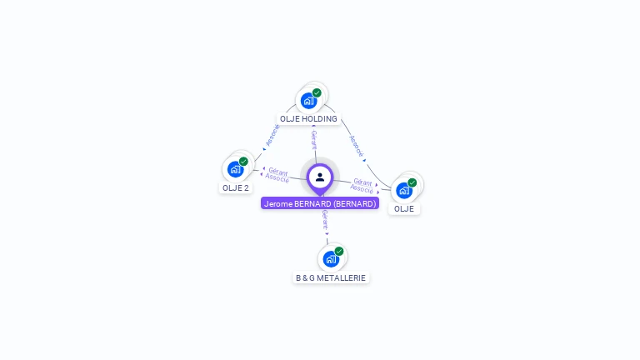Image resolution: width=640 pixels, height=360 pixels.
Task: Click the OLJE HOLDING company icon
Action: pos(309,101)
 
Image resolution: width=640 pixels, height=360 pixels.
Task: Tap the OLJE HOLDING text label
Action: pos(308,119)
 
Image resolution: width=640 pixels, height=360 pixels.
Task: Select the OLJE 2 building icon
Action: pos(236,169)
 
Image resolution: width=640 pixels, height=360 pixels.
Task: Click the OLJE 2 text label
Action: pos(236,188)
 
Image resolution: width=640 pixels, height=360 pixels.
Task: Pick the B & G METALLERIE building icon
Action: pos(331,259)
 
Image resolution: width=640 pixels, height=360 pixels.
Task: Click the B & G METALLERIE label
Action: pos(331,277)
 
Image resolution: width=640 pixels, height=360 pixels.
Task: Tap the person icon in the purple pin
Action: pos(320,177)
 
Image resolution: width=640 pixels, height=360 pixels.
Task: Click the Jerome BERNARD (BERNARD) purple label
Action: pos(320,203)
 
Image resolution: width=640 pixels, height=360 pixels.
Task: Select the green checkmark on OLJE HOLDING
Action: pos(317,92)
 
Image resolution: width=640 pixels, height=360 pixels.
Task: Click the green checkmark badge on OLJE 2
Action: pos(243,162)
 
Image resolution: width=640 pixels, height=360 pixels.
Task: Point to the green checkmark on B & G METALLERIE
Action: pos(339,251)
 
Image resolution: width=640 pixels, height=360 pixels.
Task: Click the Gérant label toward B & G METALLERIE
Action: pos(325,221)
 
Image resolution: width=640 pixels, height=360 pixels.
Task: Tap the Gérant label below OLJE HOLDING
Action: pos(314,139)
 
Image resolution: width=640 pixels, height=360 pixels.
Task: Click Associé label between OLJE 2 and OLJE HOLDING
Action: pos(272,136)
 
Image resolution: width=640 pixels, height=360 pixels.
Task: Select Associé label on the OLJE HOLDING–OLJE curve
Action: pos(357,146)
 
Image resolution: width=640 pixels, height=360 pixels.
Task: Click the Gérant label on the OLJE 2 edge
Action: pos(278,172)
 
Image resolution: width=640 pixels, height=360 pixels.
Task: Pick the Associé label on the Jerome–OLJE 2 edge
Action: pos(277,178)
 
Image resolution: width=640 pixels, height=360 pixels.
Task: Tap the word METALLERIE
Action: pos(343,277)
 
